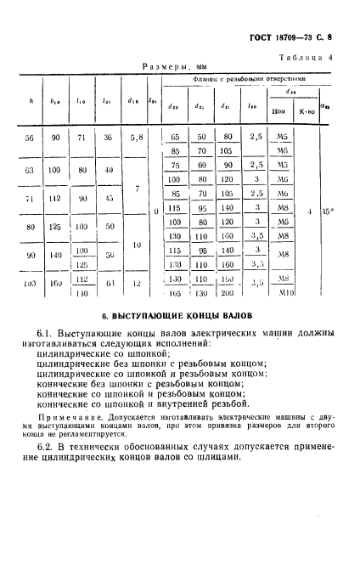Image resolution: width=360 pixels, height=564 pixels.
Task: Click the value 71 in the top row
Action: [82, 136]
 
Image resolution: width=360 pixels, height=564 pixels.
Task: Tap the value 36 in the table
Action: [108, 136]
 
